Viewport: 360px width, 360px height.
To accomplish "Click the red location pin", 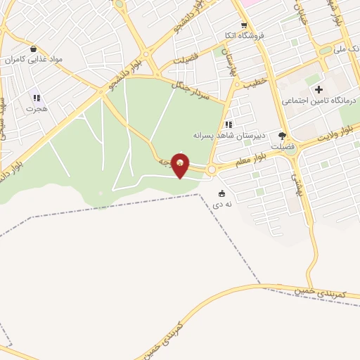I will pos(181,165).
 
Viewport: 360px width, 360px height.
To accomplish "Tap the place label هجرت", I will pos(36,109).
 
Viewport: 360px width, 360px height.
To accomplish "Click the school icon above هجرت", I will pos(37,98).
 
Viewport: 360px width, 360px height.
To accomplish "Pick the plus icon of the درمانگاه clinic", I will pos(319,89).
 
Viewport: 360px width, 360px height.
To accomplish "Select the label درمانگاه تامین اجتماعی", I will pos(320,101).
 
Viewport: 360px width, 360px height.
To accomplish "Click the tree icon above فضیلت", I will pos(283,136).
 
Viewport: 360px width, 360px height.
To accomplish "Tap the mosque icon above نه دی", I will pos(222,194).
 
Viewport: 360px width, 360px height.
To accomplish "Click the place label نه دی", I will pos(223,205).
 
